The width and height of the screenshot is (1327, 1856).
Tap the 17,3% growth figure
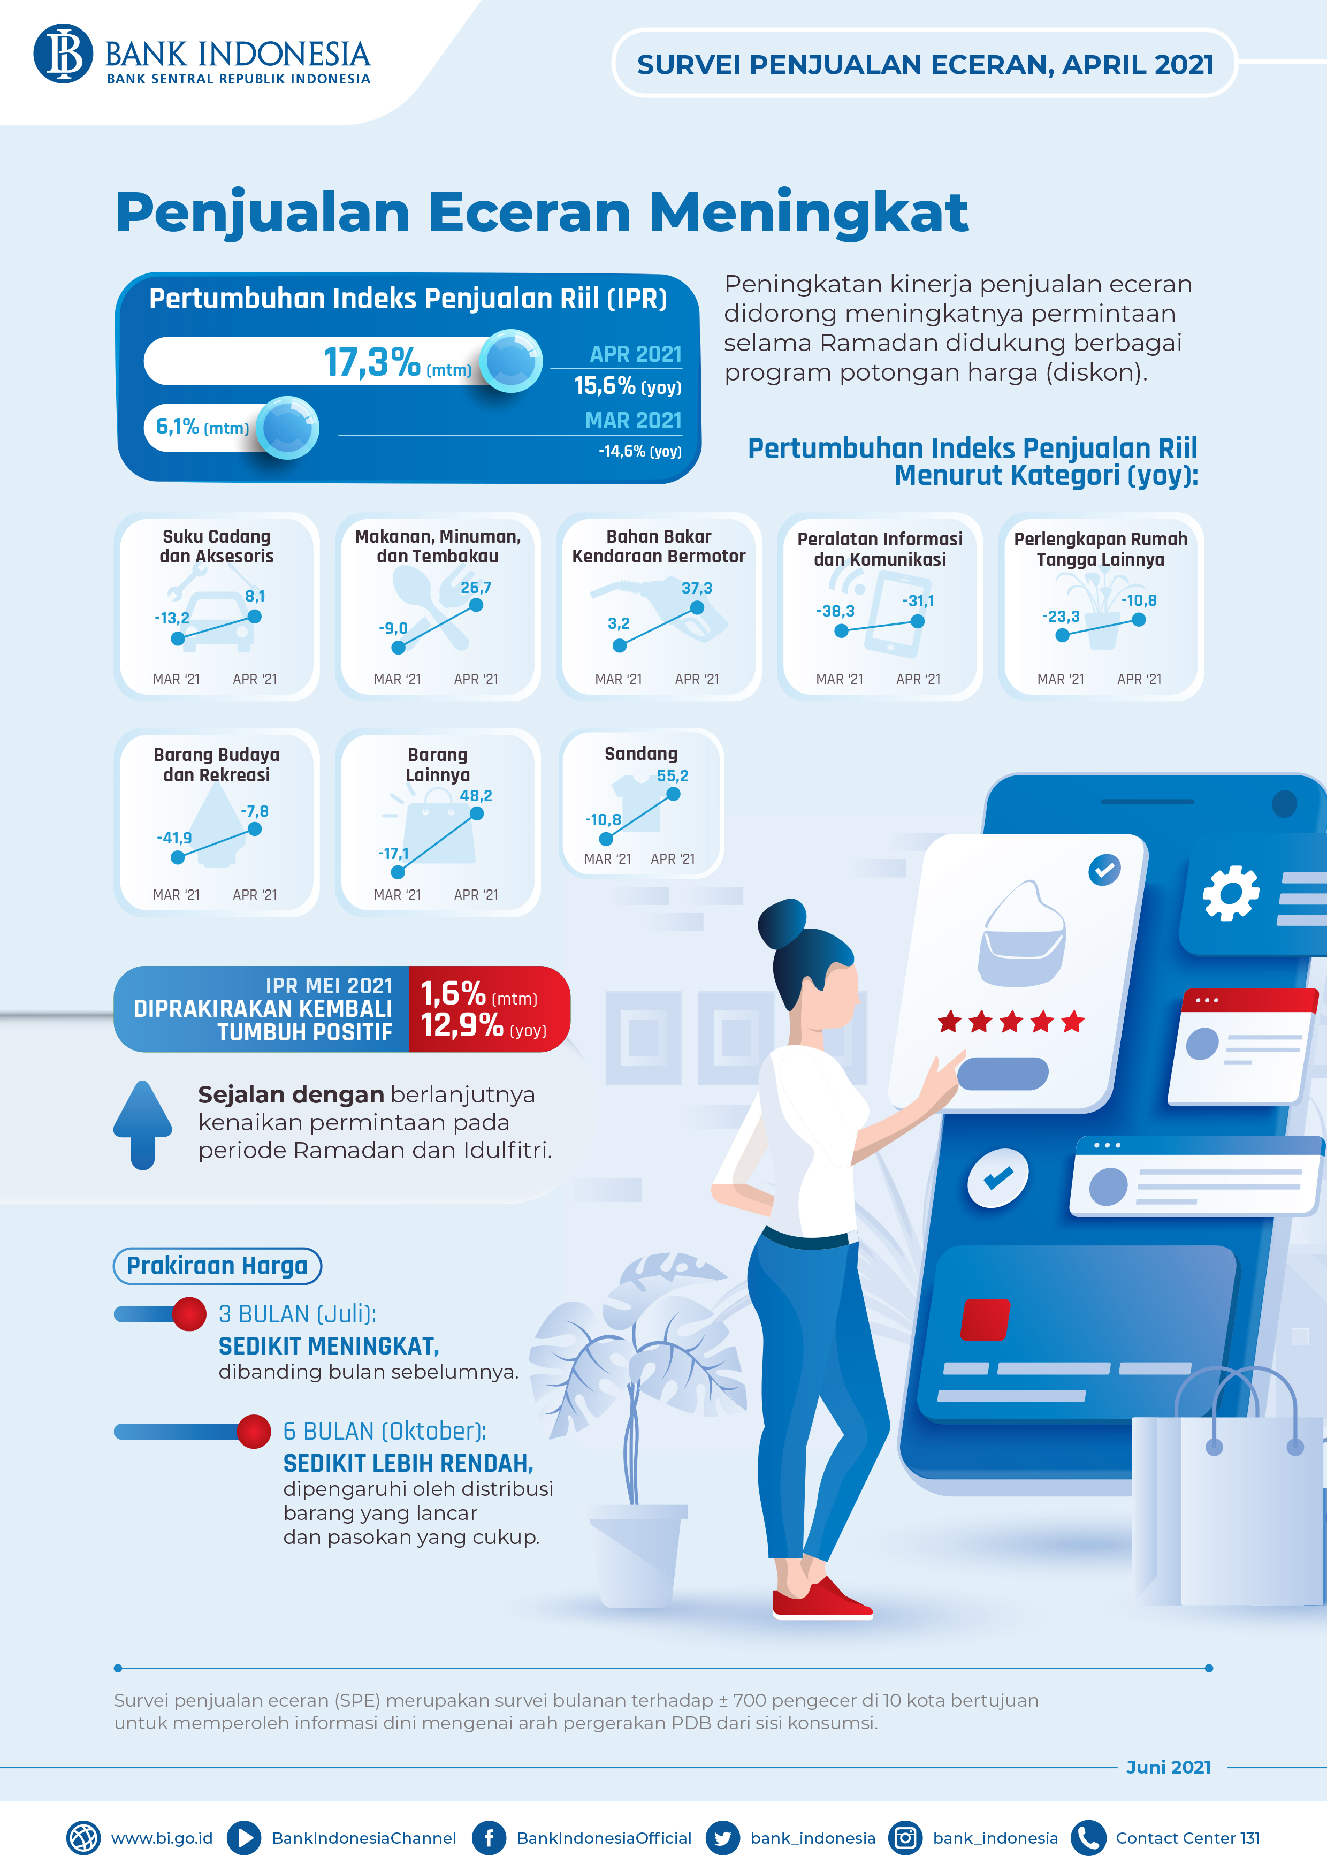372,361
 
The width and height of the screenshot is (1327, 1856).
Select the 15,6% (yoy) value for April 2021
628,386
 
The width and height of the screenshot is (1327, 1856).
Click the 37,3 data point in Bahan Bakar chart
697,608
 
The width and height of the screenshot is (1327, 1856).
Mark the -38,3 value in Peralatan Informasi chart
835,611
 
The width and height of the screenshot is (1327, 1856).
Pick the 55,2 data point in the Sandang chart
673,794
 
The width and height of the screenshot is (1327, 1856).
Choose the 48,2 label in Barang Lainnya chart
476,795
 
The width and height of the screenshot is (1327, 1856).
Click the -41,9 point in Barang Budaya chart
177,857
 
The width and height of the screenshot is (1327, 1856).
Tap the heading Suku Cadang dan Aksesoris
217,546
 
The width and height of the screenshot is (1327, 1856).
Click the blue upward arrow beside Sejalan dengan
143,1124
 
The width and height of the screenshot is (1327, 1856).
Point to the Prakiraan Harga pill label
217,1265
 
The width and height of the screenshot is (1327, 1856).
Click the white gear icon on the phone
1231,893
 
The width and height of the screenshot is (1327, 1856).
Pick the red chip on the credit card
986,1319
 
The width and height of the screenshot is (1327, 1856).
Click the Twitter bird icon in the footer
722,1838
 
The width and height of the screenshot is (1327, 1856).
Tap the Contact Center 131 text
1188,1838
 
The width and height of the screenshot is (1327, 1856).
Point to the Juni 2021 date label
1169,1767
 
